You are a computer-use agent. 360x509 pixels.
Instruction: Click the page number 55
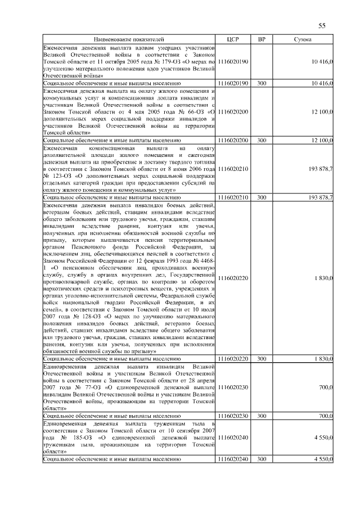322,25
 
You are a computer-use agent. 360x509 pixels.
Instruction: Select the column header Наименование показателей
129,40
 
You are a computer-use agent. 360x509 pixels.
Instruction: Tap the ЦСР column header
233,40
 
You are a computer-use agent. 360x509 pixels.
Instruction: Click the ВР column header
262,40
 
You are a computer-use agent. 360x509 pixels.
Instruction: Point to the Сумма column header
303,40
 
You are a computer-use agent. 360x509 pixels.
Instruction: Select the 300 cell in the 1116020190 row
262,83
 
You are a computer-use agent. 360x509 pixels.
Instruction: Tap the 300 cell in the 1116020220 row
262,358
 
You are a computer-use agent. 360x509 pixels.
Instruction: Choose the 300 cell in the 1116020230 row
262,416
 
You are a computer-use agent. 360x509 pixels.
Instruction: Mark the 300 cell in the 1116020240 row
262,459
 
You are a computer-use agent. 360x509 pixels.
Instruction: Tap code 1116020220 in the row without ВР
233,278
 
